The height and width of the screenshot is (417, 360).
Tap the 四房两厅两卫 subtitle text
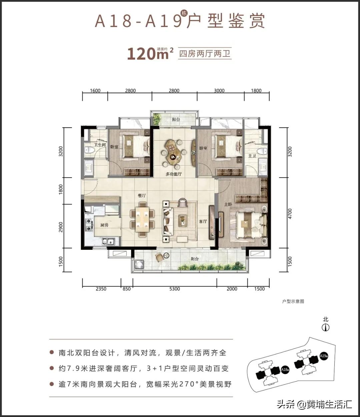[205, 53]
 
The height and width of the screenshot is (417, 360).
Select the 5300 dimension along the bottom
[174, 289]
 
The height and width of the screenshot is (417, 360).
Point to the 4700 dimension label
[290, 213]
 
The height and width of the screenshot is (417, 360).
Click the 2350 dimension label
[101, 289]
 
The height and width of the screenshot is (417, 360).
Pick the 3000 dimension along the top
[219, 91]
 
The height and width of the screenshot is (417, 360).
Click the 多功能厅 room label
[174, 174]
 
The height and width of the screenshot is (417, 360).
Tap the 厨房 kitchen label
[104, 225]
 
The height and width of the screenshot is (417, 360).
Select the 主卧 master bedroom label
[228, 204]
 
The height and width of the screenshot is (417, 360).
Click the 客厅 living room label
[203, 221]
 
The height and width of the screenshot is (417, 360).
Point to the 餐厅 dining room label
[142, 196]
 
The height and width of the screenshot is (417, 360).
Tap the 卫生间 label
[99, 145]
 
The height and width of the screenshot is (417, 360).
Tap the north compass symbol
[326, 327]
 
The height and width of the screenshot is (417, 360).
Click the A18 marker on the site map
[284, 369]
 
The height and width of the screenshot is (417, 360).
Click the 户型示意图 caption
[293, 301]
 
